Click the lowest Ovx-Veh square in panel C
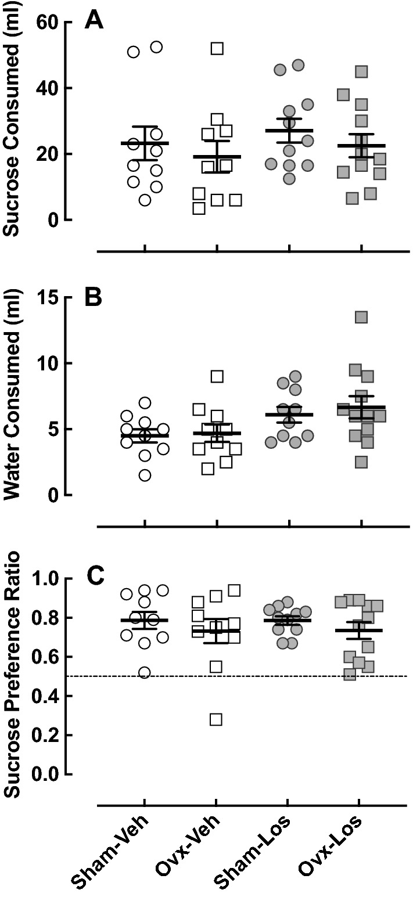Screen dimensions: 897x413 pos(216,719)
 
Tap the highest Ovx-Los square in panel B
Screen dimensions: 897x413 pos(361,317)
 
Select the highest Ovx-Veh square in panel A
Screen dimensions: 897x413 pos(217,48)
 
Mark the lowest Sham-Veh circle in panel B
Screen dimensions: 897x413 pos(145,475)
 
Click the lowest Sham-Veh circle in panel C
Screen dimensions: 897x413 pos(145,673)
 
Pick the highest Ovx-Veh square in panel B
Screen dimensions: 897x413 pos(217,376)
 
